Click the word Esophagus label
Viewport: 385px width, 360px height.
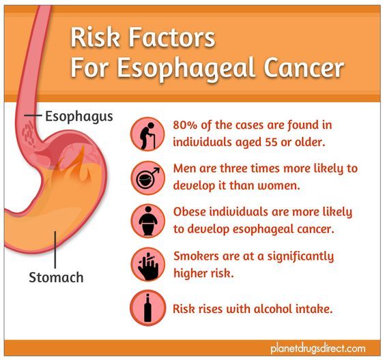(x=79, y=116)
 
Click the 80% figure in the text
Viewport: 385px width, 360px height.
(x=188, y=125)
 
